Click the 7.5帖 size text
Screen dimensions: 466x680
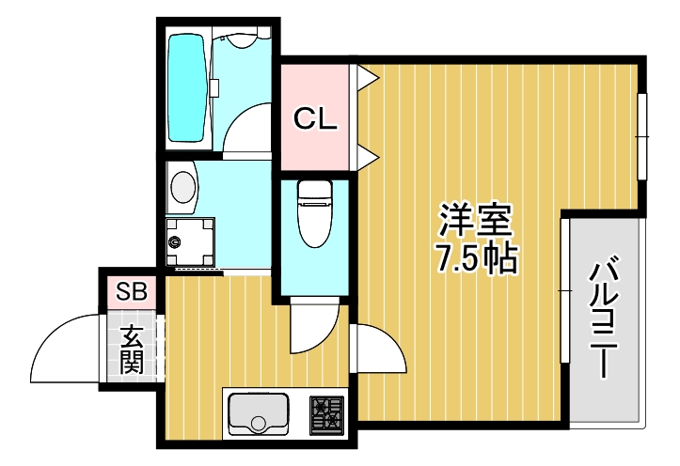pos(477,258)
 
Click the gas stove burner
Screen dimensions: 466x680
pos(327,413)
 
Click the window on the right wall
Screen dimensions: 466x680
pos(643,137)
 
